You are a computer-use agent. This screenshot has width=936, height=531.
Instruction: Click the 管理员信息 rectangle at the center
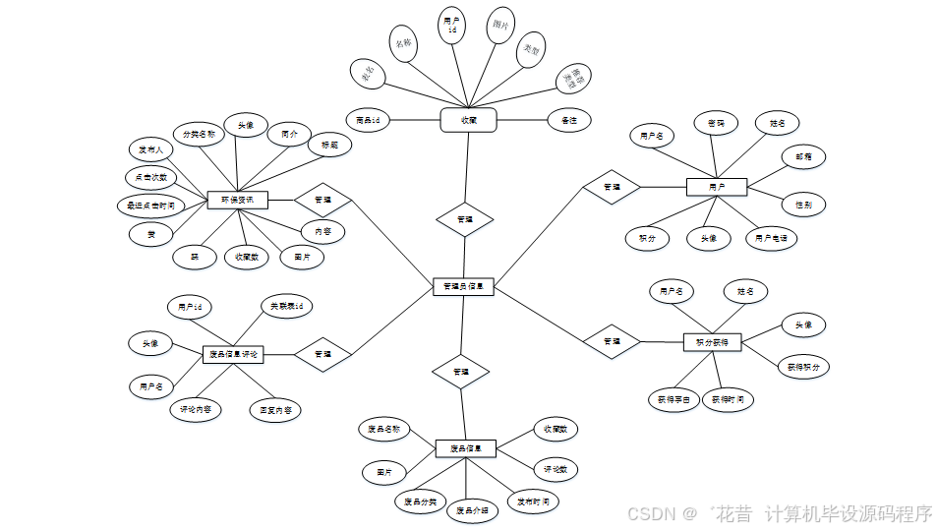coord(463,287)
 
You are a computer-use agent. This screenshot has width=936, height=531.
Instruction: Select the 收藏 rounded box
coord(468,120)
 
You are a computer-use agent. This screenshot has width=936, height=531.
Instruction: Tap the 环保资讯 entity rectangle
coord(237,200)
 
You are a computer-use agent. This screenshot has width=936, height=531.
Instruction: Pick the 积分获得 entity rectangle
coord(712,341)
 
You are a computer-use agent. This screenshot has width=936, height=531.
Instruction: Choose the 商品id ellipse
coord(375,120)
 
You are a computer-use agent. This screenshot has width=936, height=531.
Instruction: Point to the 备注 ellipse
coord(569,120)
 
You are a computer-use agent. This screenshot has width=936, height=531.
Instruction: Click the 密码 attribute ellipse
coord(716,123)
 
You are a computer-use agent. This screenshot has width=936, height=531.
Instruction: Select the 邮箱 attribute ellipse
coord(803,156)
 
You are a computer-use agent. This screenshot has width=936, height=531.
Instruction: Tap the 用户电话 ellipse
coord(771,238)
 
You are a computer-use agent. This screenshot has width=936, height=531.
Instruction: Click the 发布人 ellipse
coord(151,149)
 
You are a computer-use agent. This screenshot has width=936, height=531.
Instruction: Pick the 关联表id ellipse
coord(286,307)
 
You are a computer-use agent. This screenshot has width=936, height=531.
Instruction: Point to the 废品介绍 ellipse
coord(471,511)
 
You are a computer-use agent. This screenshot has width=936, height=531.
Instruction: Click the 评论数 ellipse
coord(556,469)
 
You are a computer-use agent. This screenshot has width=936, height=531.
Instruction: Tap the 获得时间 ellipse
coord(729,400)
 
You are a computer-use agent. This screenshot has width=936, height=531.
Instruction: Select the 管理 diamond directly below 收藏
coord(465,218)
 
